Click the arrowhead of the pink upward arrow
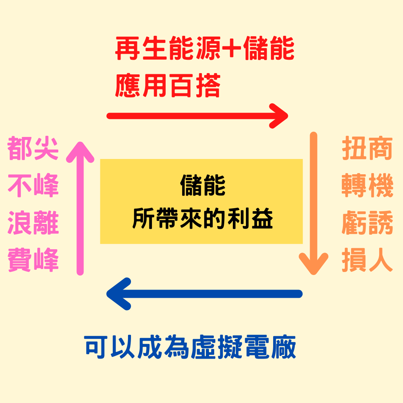80,151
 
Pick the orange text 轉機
368,186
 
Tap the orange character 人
381,260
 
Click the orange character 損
354,260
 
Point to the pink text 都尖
33,149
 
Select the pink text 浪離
33,223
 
